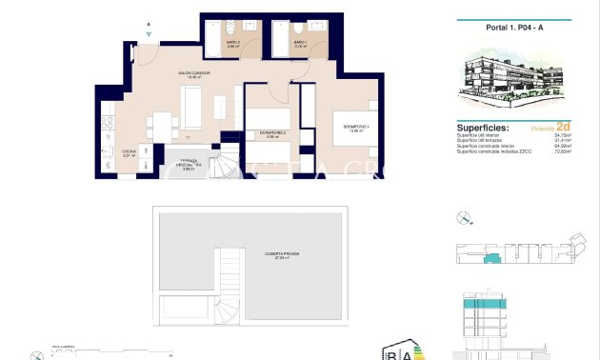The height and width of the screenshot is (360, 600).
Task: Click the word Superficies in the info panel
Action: point(482,127)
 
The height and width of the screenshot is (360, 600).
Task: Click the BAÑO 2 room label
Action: point(233,44)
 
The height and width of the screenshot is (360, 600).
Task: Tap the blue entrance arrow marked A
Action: point(149,32)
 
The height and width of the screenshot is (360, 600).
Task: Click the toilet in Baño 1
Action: point(300,29)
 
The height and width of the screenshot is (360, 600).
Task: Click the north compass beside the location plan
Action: point(464,217)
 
